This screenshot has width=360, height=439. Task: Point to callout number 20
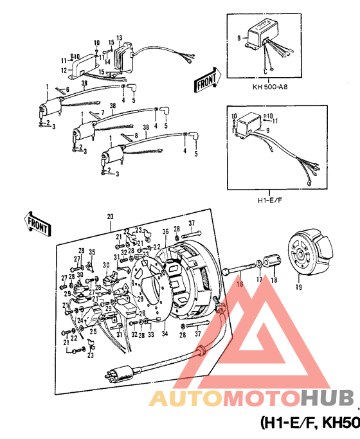(x=109, y=217)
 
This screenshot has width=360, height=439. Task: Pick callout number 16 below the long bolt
(x=239, y=281)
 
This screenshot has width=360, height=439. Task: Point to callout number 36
(x=165, y=232)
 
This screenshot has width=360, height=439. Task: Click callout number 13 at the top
(x=120, y=38)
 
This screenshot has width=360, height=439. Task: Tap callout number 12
(x=64, y=69)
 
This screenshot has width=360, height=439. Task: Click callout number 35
(x=92, y=251)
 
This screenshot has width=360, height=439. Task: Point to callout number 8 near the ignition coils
(x=136, y=136)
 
